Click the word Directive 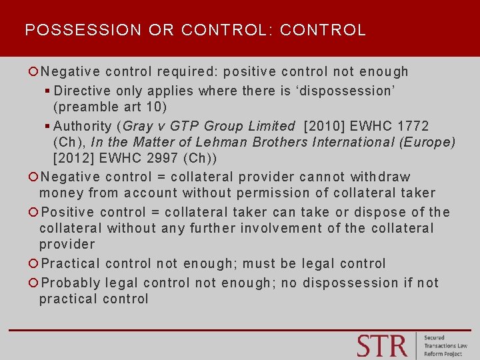click(82, 90)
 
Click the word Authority click(82, 125)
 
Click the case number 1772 click(413, 125)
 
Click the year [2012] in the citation click(75, 158)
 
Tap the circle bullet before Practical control click(33, 264)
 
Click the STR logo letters click(381, 346)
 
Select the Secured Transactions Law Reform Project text click(445, 346)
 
